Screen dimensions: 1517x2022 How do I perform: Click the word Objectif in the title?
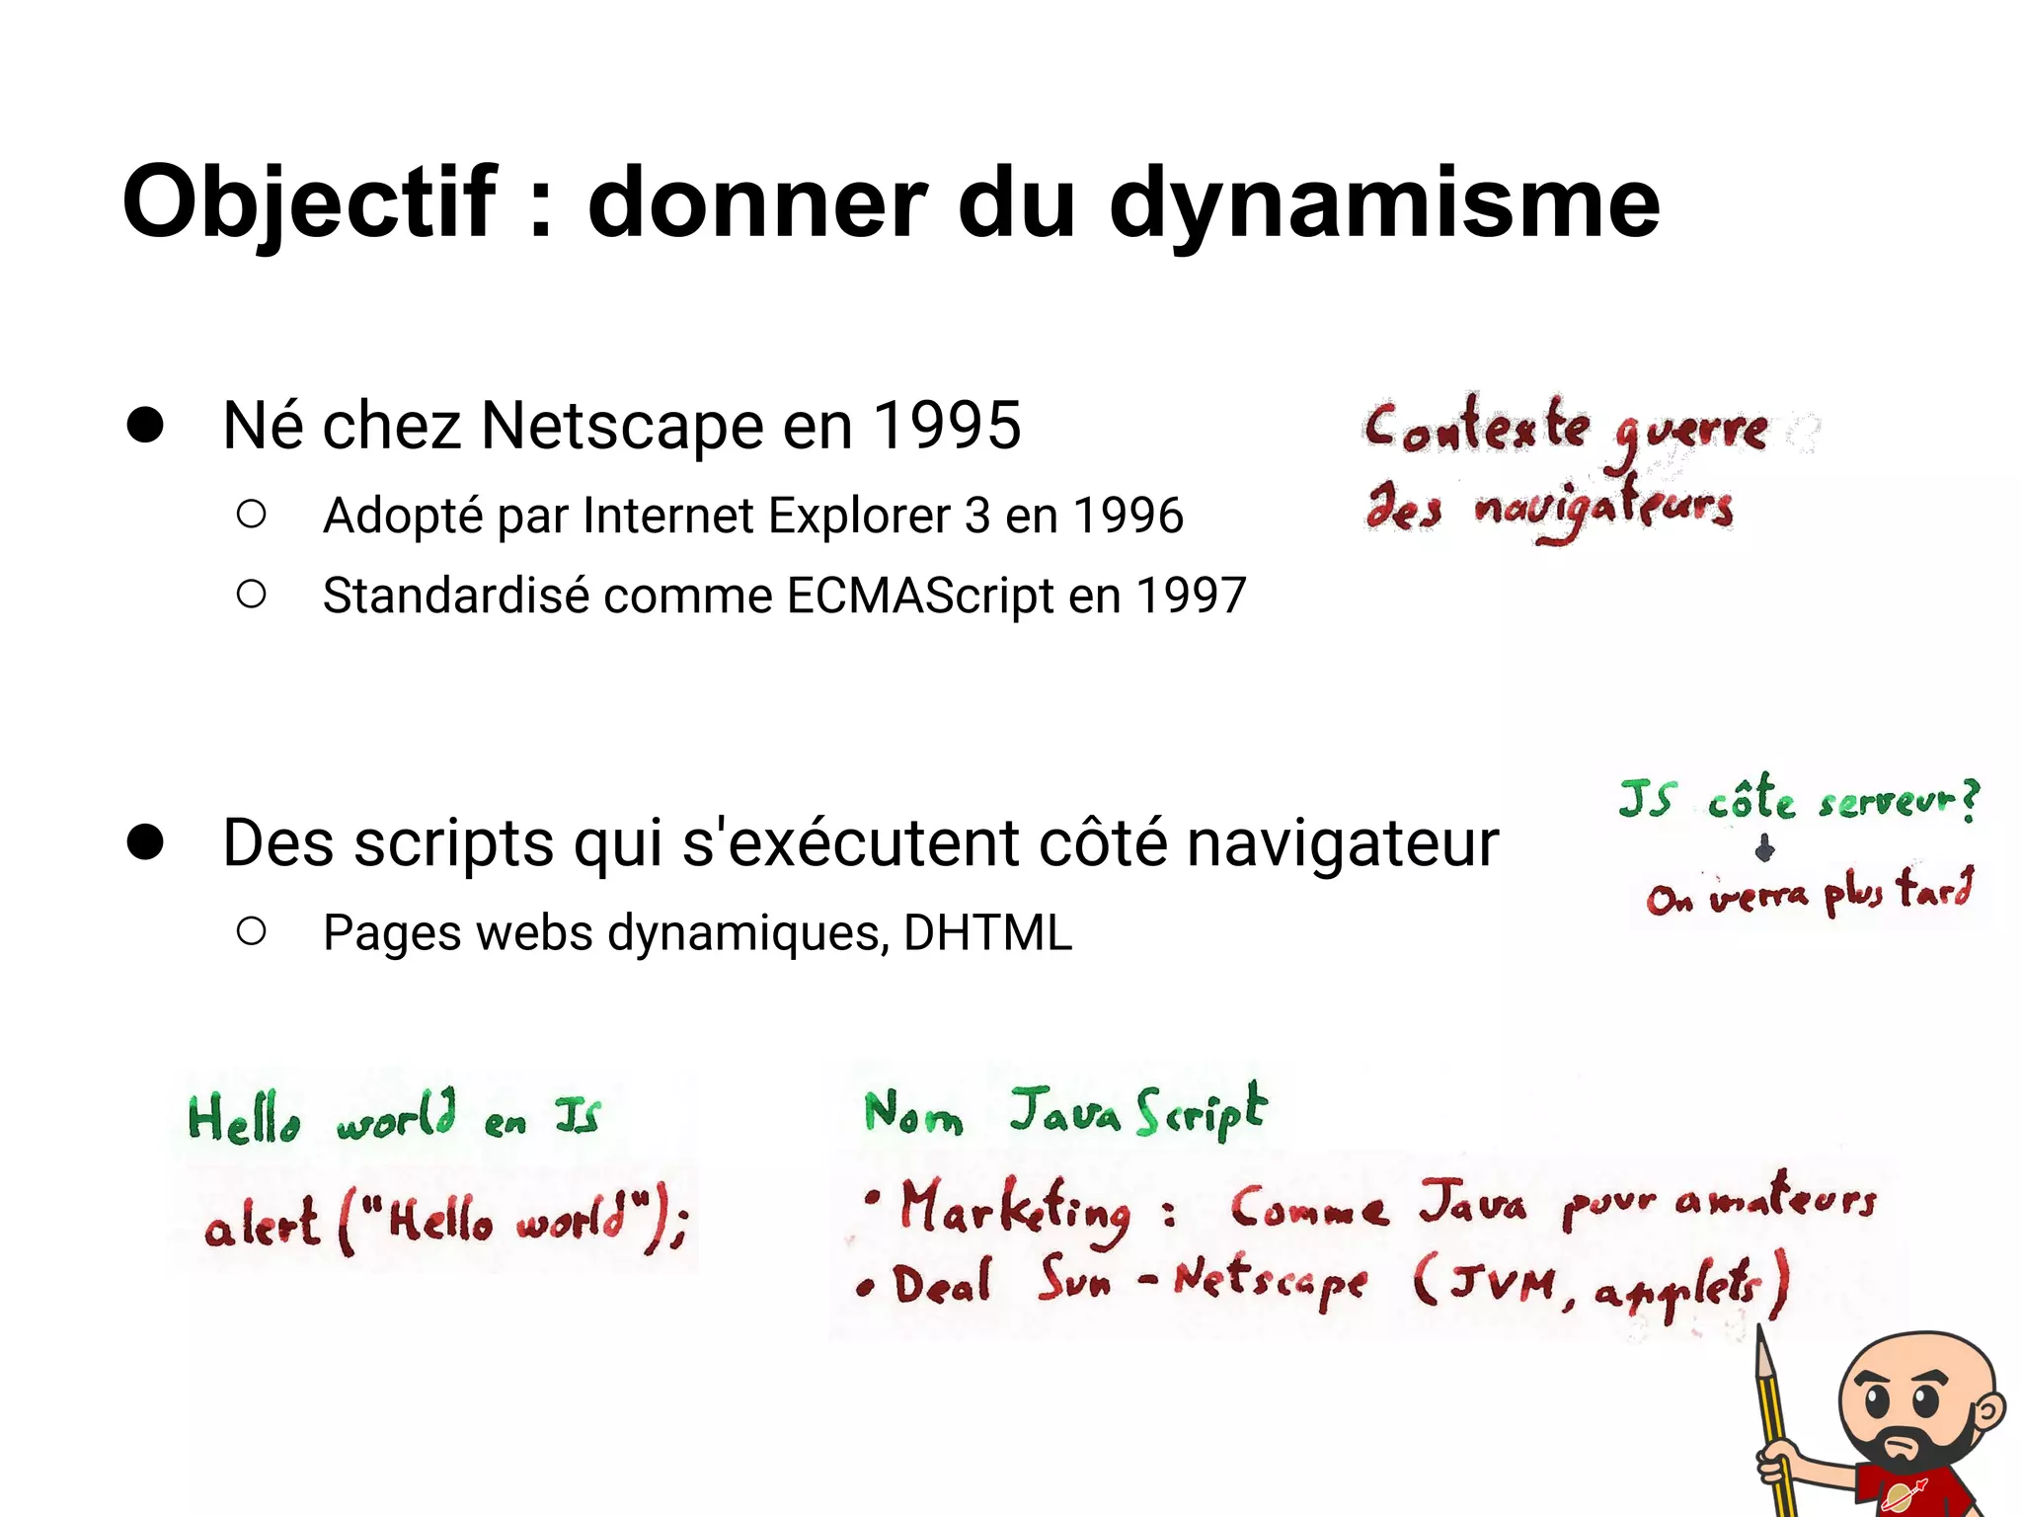309,203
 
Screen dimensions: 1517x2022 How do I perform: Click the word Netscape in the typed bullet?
622,426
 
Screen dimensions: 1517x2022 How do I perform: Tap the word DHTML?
987,932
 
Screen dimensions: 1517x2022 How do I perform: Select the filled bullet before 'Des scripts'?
145,841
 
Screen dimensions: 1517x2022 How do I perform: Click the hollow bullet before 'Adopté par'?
252,514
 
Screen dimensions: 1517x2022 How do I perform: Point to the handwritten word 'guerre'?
1690,433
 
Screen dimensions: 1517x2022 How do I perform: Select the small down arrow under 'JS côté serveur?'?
1765,847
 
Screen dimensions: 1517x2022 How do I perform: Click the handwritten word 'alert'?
262,1227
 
